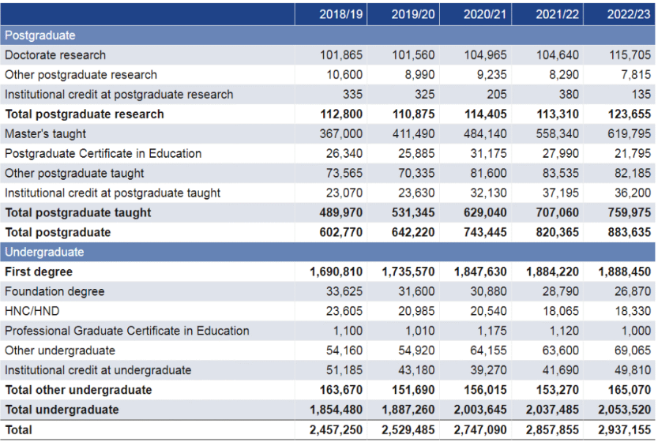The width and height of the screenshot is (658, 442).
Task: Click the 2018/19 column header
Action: pos(340,14)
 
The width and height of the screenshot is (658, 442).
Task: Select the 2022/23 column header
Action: pos(629,14)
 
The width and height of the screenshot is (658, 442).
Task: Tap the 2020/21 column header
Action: pos(485,14)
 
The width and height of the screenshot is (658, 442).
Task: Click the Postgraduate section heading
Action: pos(39,36)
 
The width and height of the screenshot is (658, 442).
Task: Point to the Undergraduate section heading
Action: pos(44,252)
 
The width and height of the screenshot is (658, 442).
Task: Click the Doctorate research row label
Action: pos(55,55)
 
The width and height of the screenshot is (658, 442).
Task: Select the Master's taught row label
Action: pos(45,133)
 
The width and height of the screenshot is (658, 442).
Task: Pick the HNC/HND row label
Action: pos(32,311)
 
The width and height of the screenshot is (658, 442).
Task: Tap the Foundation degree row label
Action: pos(55,291)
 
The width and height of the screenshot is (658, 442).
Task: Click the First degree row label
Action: pos(39,272)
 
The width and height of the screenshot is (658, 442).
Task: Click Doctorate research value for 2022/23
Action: pos(630,55)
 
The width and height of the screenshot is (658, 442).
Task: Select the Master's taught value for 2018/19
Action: pos(340,133)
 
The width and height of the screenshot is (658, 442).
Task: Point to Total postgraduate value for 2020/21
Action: pos(485,232)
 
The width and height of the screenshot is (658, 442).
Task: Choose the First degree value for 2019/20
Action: pos(408,272)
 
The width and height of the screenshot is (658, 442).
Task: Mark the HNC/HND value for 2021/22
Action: pos(561,311)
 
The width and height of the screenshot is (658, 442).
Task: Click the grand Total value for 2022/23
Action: pos(624,430)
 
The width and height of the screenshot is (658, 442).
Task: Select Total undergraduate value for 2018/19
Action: pos(336,410)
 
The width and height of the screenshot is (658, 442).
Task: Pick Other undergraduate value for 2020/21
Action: pos(488,350)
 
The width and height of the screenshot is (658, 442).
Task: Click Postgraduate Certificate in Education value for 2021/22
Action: pos(561,153)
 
